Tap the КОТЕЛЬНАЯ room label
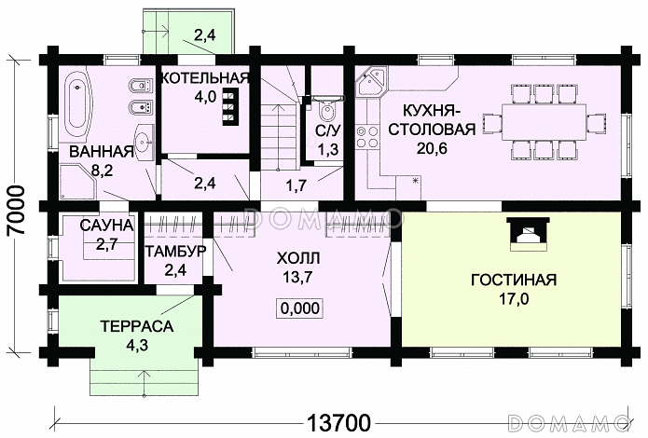point(204,77)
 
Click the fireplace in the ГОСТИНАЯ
point(527,234)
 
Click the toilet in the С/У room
point(323,103)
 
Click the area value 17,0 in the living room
point(513,299)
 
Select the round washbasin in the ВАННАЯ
point(142,143)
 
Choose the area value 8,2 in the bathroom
point(103,171)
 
